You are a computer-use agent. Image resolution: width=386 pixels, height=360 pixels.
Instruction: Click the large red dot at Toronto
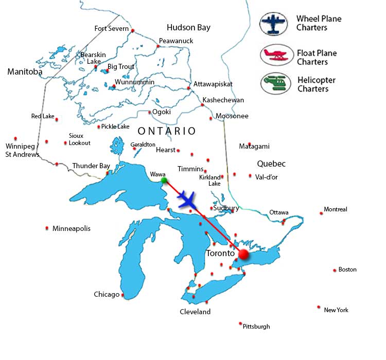(243, 254)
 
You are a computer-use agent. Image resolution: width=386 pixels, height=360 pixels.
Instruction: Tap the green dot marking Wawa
(164, 180)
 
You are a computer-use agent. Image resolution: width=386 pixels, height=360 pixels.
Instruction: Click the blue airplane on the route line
(187, 199)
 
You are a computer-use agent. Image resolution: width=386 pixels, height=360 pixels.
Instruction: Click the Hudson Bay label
(188, 27)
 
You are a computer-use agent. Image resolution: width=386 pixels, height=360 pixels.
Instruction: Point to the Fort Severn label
(111, 29)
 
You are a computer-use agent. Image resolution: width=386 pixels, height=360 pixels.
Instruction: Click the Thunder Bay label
(91, 166)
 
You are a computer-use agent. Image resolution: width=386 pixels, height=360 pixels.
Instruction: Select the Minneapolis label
(72, 228)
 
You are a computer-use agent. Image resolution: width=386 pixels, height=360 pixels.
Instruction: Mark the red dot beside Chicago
(122, 295)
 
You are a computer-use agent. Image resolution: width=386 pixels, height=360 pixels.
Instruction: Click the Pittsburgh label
(256, 326)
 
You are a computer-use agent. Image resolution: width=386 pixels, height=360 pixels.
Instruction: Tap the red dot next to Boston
(335, 269)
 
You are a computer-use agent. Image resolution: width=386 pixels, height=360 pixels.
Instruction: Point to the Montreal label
(336, 209)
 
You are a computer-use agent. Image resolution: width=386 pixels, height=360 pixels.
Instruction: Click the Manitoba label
(25, 72)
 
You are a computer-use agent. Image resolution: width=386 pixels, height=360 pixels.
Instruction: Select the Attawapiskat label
(213, 84)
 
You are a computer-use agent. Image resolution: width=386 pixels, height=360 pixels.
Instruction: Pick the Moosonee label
(232, 116)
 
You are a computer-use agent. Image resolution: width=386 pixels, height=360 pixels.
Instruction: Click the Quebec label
(271, 164)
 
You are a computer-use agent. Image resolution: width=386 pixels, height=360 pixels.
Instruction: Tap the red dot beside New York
(319, 307)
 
